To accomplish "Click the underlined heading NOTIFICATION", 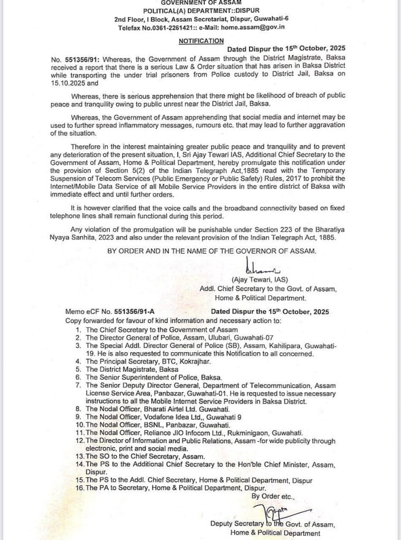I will [x=201, y=40].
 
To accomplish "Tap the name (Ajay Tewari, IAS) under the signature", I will [x=259, y=279].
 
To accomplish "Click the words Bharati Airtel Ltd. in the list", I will [x=163, y=409].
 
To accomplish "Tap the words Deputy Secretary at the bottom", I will [x=236, y=524].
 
